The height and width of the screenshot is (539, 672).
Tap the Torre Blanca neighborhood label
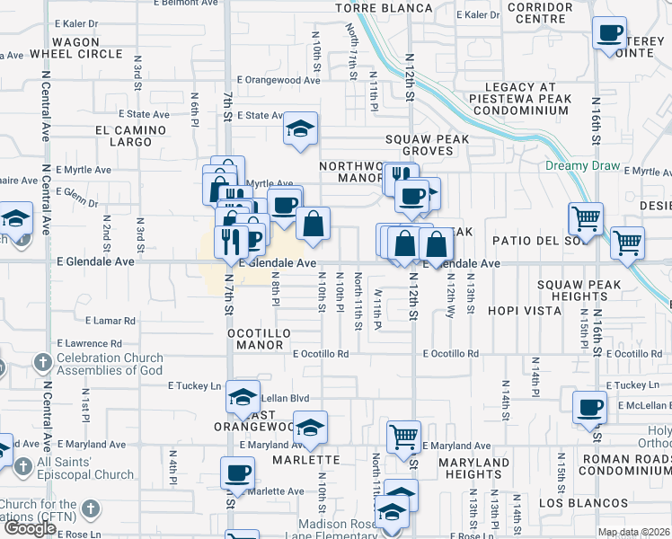(x=385, y=8)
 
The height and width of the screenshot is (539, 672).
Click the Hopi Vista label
(x=525, y=311)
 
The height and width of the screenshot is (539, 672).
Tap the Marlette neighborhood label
(x=306, y=460)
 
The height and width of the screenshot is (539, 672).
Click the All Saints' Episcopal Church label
(x=85, y=468)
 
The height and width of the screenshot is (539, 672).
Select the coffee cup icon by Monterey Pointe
(x=610, y=33)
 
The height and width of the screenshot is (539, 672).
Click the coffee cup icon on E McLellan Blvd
(x=590, y=406)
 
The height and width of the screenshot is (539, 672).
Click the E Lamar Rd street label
(x=111, y=320)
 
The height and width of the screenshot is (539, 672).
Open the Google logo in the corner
(x=29, y=528)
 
